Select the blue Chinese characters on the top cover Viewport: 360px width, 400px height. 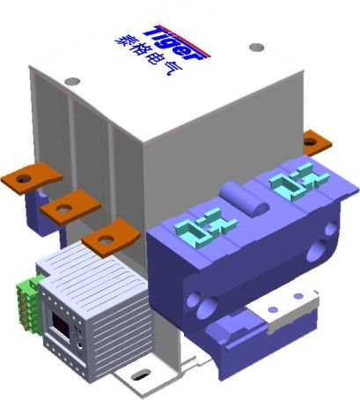coord(149,56)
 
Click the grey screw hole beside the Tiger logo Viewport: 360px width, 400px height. coord(257,47)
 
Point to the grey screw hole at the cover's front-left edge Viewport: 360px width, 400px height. coord(72,81)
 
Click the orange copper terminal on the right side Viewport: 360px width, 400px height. coord(317,143)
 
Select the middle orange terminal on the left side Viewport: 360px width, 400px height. coord(70,207)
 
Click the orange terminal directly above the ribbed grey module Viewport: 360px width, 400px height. coord(111,238)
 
